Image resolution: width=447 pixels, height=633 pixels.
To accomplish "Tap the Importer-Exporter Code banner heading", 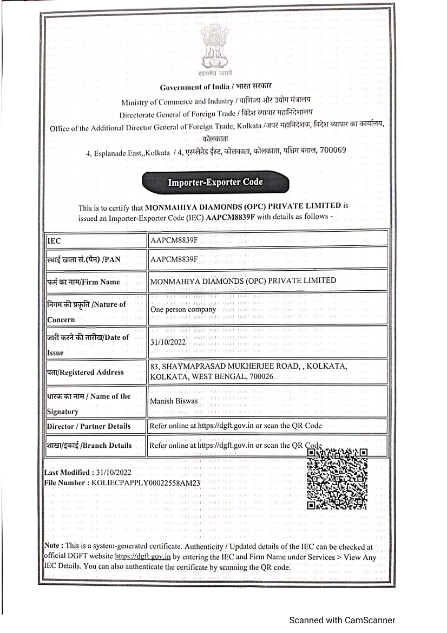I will pos(215,182).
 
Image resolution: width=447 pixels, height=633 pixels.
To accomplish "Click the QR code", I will pos(337,479).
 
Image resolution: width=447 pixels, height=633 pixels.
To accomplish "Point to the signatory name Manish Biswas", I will pos(174,402).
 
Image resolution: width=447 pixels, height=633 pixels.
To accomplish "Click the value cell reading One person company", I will pos(183,310).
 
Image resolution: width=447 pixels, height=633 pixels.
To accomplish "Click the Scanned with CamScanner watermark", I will pos(341,620).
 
